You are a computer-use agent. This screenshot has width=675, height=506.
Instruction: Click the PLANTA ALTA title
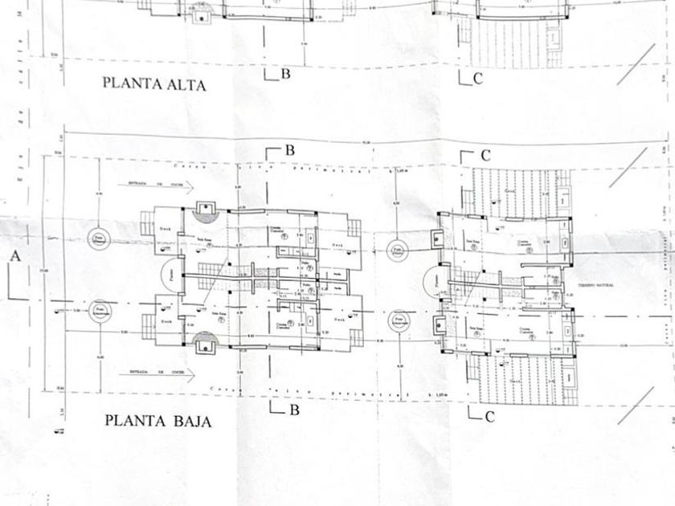pyautogui.click(x=153, y=84)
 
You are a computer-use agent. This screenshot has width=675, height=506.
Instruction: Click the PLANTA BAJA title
pyautogui.click(x=158, y=421)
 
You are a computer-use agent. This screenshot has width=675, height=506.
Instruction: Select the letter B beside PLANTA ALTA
pyautogui.click(x=284, y=74)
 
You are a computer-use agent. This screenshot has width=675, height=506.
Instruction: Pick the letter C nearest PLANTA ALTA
pyautogui.click(x=477, y=78)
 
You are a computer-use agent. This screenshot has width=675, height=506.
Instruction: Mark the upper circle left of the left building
pyautogui.click(x=99, y=239)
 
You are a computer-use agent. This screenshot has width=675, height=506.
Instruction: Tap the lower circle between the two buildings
pyautogui.click(x=399, y=322)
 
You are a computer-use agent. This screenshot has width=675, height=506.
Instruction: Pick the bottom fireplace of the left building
pyautogui.click(x=207, y=342)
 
